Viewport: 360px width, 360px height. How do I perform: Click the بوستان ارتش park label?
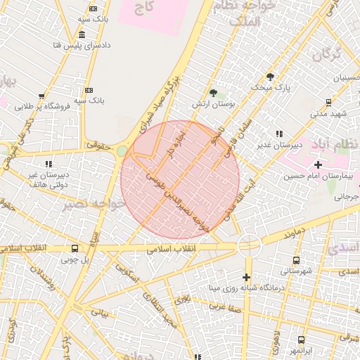pyautogui.click(x=212, y=103)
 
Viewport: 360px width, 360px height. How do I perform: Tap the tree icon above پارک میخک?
pyautogui.click(x=270, y=77)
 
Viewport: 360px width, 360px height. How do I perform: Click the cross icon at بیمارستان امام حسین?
pyautogui.click(x=318, y=164)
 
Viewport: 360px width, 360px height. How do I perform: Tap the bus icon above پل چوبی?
pyautogui.click(x=75, y=248)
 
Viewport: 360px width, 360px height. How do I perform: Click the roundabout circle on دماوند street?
pyautogui.click(x=249, y=245)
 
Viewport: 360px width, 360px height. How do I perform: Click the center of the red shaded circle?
pyautogui.click(x=180, y=180)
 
